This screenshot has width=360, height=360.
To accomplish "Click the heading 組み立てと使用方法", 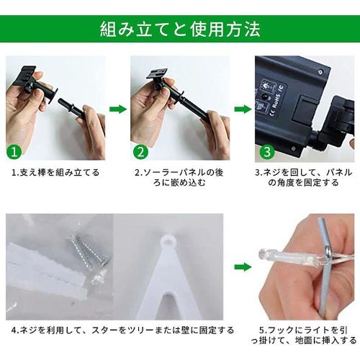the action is coord(180,30).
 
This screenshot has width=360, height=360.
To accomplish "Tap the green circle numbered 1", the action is coord(14,152).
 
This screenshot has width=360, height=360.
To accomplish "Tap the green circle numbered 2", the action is coord(140,152).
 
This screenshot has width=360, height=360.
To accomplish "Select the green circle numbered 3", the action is coord(267,152).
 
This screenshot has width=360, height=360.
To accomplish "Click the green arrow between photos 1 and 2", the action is coord(118,109).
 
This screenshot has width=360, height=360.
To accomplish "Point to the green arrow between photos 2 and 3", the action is coord(243,109).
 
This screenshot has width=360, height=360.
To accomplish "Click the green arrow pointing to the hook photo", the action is coord(243,267).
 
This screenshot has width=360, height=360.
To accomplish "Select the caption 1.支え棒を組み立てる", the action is coord(55,172).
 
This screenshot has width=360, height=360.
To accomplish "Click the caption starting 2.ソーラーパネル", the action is coord(179,178).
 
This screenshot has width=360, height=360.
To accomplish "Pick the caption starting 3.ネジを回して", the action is coord(304,178).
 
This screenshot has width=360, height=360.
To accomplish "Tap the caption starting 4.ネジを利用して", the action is coord(122,330).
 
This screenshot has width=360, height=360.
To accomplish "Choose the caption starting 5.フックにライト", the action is coord(304,336).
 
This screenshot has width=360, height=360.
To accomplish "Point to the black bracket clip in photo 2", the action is coord(157,74).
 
